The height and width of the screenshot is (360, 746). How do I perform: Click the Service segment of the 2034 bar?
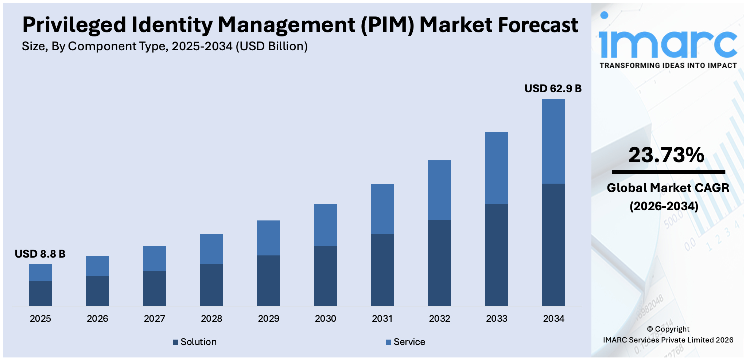(553, 141)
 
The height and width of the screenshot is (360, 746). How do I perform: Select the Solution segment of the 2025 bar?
(40, 293)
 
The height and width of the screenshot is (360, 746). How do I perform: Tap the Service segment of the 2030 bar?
(325, 225)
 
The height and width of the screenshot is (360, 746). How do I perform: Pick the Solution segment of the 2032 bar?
(439, 262)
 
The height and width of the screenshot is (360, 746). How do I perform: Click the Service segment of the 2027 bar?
(154, 258)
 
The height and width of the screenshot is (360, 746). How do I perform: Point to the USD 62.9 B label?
(553, 89)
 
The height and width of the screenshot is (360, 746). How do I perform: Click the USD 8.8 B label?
(40, 254)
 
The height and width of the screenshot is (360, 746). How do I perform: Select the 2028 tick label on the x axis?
(211, 318)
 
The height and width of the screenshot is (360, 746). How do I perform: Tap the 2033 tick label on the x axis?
(497, 318)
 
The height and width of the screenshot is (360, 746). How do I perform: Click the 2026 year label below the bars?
(97, 318)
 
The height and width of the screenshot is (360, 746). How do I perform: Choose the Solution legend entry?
(195, 342)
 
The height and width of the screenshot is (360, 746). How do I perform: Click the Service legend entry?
(405, 342)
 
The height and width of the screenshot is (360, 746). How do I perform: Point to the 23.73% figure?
(666, 155)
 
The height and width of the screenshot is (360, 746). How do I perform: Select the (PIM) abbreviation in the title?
(388, 25)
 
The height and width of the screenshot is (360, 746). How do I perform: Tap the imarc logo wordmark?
(667, 40)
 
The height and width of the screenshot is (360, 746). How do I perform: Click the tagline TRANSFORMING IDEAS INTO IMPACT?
(668, 66)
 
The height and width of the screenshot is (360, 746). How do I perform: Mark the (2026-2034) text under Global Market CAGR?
(664, 206)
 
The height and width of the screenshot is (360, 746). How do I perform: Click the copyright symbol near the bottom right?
(650, 329)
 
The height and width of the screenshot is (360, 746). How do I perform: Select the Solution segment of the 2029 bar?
(268, 280)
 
